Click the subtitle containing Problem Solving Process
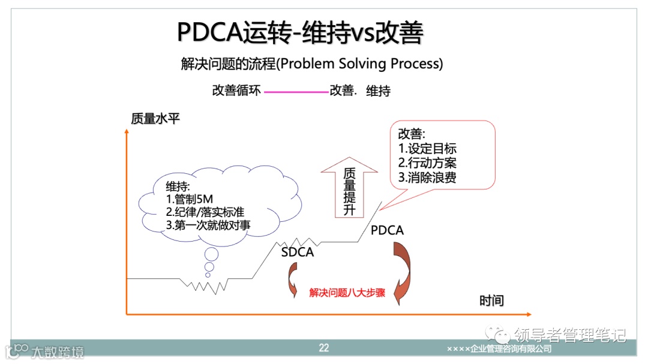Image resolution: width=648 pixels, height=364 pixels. [x=312, y=64]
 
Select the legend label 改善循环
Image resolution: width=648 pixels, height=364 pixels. [x=236, y=91]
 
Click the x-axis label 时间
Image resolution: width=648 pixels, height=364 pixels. [x=491, y=300]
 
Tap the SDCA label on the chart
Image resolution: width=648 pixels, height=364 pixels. [x=298, y=252]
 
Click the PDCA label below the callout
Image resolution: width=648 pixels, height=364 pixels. [x=387, y=230]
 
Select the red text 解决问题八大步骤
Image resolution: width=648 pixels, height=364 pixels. [x=347, y=293]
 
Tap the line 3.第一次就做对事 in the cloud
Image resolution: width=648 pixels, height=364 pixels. [x=208, y=225]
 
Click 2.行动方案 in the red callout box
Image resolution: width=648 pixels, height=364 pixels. [x=427, y=163]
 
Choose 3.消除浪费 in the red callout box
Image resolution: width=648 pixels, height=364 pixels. [x=427, y=178]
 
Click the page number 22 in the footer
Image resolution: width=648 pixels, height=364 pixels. [x=324, y=348]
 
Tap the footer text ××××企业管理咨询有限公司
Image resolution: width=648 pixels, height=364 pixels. [x=499, y=348]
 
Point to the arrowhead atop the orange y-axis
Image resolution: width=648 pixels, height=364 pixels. [x=127, y=130]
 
